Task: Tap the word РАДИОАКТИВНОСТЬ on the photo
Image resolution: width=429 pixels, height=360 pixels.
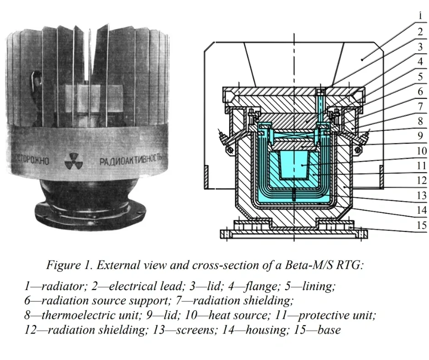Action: tap(131, 160)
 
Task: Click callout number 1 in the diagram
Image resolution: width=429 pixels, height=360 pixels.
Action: tap(420, 15)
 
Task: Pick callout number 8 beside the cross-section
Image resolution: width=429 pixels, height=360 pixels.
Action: tap(420, 121)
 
